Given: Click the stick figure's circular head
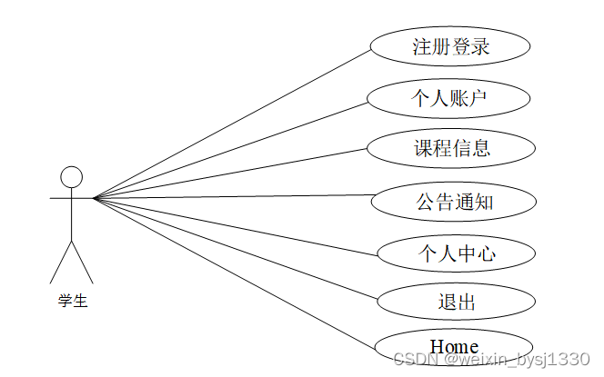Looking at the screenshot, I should coord(71,177).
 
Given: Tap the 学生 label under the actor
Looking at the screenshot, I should coord(72,302).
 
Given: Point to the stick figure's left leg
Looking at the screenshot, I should coord(60,263).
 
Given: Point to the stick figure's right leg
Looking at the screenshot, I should coord(83,263).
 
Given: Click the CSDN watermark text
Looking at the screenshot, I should coord(492,361).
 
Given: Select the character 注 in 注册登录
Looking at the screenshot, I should coord(422,47).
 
